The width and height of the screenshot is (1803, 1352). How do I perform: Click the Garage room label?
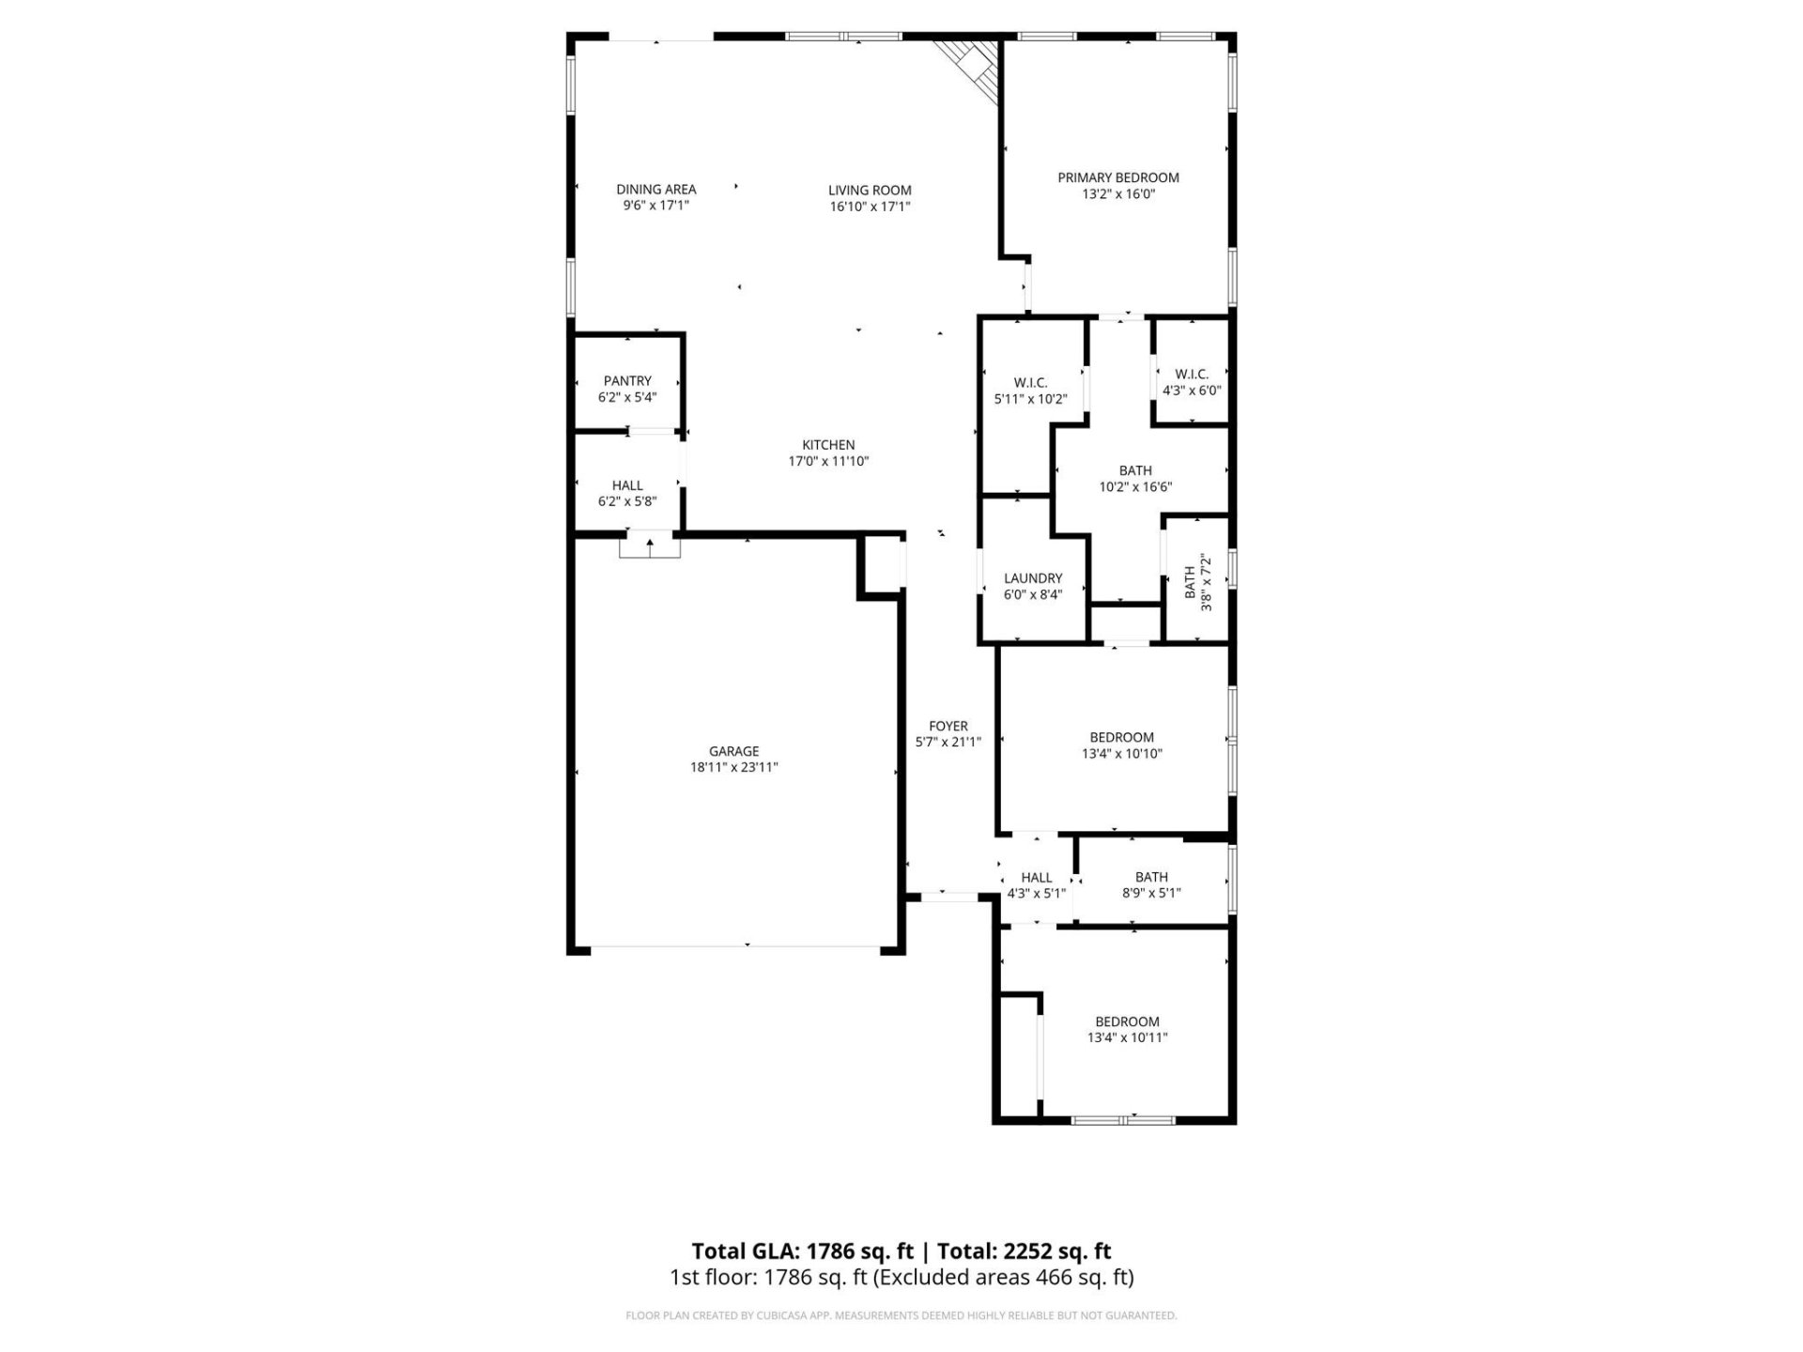click(733, 751)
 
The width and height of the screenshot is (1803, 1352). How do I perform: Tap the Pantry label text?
click(627, 380)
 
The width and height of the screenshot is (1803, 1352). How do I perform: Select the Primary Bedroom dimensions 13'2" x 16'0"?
click(1117, 194)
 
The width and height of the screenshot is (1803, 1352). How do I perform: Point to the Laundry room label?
click(1033, 578)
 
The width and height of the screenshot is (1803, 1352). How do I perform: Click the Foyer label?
click(948, 726)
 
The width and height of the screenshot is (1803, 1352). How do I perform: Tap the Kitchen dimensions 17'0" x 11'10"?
click(828, 461)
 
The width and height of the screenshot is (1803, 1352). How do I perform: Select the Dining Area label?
click(655, 189)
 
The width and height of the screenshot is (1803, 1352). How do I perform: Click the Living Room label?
click(870, 190)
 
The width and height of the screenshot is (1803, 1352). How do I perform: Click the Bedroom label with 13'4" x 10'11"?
click(1127, 1022)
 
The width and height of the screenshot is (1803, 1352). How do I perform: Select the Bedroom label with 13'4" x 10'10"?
click(1121, 737)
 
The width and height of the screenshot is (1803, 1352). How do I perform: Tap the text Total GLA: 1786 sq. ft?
click(802, 1251)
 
